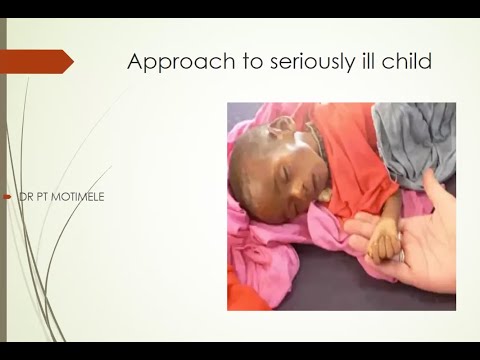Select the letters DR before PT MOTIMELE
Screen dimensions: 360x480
click(x=23, y=196)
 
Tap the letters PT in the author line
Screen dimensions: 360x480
click(x=41, y=196)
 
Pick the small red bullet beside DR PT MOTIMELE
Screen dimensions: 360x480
click(x=9, y=196)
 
